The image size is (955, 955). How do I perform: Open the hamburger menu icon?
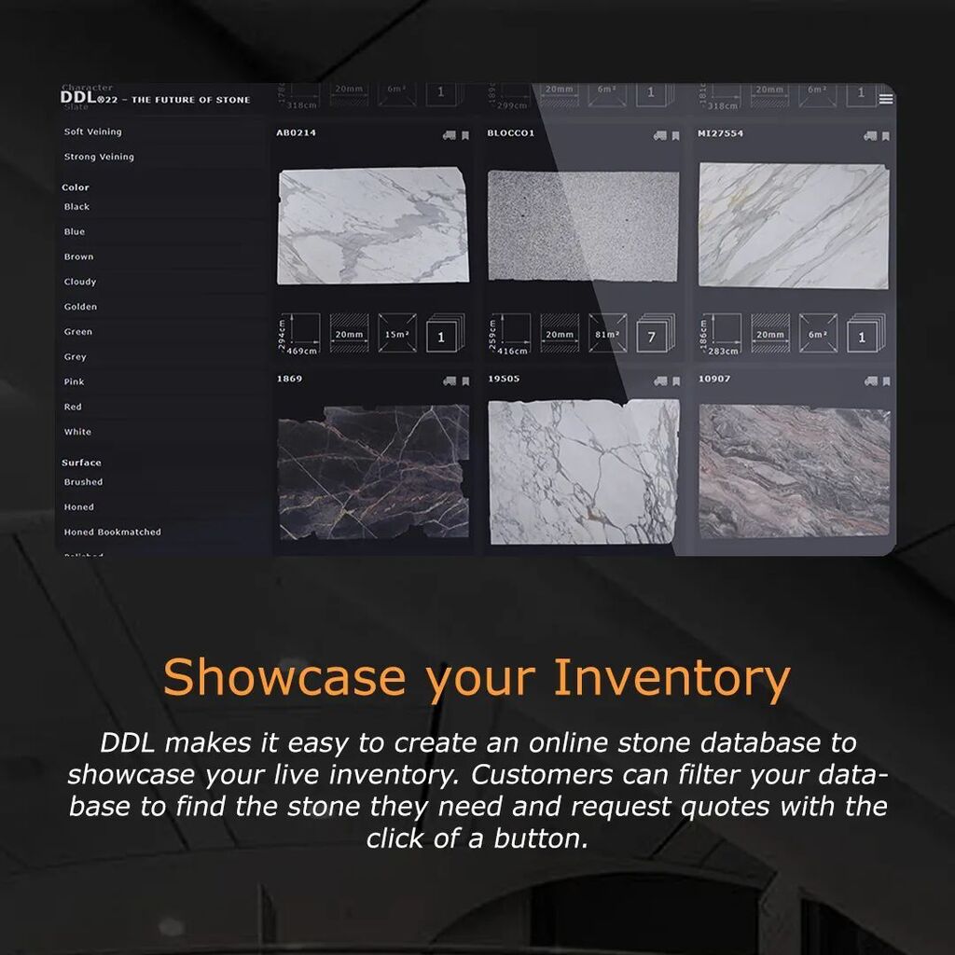[885, 99]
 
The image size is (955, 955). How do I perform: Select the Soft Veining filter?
[92, 132]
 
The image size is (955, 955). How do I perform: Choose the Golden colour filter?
[80, 307]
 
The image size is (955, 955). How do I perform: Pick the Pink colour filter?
[74, 382]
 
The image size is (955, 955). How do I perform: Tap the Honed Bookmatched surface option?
[112, 533]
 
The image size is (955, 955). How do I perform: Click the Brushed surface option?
[83, 482]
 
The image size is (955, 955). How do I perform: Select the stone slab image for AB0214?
[373, 226]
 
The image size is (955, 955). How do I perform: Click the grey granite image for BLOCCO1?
[583, 226]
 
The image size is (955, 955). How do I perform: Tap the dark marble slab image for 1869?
[373, 472]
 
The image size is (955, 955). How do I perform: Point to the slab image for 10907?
[794, 472]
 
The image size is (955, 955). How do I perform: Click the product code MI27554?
[720, 133]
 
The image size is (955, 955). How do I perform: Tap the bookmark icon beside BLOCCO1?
[675, 135]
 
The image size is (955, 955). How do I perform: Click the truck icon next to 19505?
[660, 381]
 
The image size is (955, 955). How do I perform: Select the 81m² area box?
[607, 334]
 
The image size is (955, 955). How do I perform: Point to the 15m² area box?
[396, 334]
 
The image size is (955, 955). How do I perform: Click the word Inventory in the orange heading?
[671, 678]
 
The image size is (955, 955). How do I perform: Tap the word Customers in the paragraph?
[535, 774]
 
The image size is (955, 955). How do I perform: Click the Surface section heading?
[81, 463]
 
